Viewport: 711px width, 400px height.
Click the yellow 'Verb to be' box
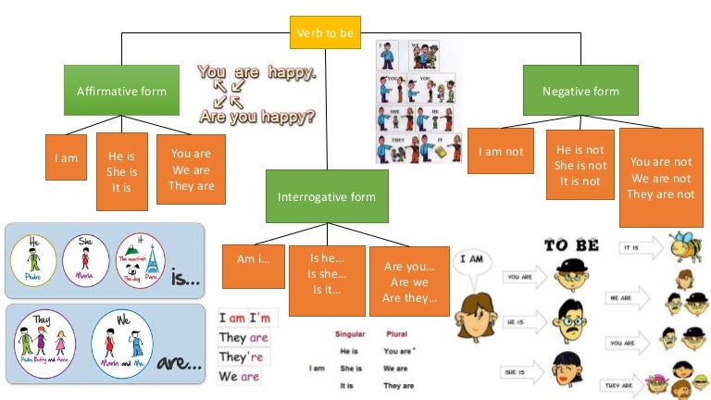click(325, 33)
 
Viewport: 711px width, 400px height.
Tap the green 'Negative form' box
click(580, 91)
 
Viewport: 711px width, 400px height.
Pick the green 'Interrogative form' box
click(326, 196)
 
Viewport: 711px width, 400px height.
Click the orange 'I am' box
click(67, 157)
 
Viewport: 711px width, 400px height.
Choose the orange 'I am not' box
click(501, 152)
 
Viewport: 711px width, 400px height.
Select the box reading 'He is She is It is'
click(122, 171)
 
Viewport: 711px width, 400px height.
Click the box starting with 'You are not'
click(660, 178)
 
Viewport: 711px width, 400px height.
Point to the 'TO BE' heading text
click(571, 245)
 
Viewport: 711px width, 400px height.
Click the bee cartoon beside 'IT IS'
click(683, 246)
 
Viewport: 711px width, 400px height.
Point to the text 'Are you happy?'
click(257, 118)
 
